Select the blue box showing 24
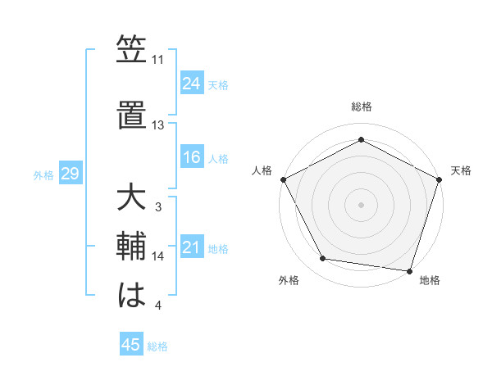point(192,83)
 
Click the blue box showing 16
point(192,157)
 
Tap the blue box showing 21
point(192,247)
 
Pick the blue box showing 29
point(70,174)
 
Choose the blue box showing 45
point(131,345)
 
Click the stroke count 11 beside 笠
point(157,60)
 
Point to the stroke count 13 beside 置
point(157,125)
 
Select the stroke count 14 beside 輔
point(157,256)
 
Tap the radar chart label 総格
point(361,106)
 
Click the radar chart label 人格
point(262,170)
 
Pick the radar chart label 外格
point(289,281)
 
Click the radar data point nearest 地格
point(409,270)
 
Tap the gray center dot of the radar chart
point(361,204)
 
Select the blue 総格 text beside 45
point(158,346)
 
